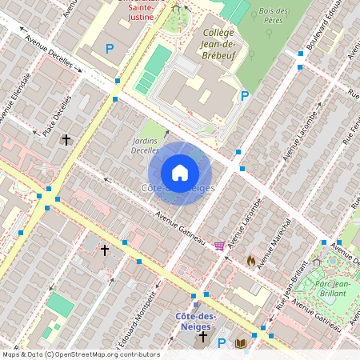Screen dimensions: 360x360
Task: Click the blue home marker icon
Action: (180, 172)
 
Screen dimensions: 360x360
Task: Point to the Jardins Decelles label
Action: (145, 144)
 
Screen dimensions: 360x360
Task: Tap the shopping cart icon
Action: (219, 245)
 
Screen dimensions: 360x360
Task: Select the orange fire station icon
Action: (251, 260)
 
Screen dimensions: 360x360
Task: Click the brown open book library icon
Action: (240, 343)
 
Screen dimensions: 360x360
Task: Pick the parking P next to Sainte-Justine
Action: (110, 49)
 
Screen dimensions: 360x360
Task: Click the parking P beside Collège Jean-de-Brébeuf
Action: (246, 96)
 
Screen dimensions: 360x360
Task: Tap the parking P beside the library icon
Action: (222, 343)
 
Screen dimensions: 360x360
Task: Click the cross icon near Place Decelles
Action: (66, 140)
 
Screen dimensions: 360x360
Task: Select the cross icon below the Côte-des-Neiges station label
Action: (203, 338)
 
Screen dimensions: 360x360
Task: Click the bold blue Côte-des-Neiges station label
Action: (197, 322)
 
